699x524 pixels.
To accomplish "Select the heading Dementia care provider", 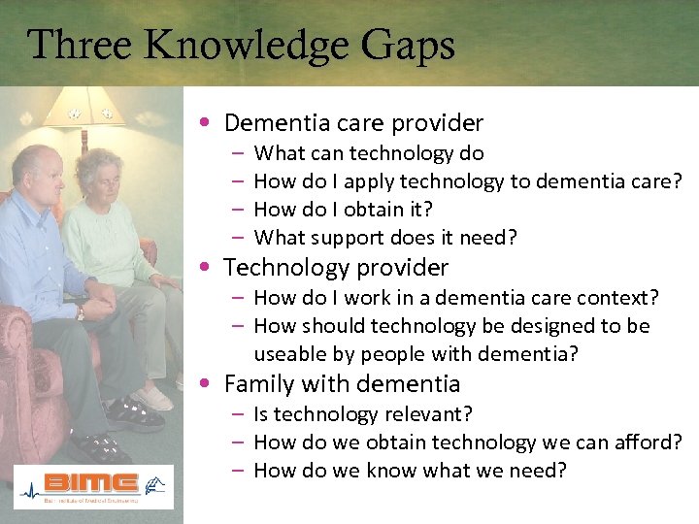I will pyautogui.click(x=353, y=123).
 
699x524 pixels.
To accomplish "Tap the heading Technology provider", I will pyautogui.click(x=336, y=267).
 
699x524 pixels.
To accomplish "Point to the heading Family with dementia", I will pyautogui.click(x=342, y=383).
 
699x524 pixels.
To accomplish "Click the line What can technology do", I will pyautogui.click(x=368, y=153).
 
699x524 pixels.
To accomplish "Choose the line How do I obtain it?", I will pyautogui.click(x=343, y=210).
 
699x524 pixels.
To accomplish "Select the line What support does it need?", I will pyautogui.click(x=384, y=238).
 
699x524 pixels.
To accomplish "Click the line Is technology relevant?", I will pyautogui.click(x=363, y=414).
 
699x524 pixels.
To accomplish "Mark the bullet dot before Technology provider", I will pyautogui.click(x=210, y=268).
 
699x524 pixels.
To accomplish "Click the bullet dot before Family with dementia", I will pyautogui.click(x=210, y=384).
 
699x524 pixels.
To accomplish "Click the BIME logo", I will pyautogui.click(x=93, y=486).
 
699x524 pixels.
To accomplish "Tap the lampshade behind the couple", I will pyautogui.click(x=83, y=108).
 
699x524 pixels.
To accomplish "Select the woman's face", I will pyautogui.click(x=101, y=177).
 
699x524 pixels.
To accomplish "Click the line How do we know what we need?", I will pyautogui.click(x=409, y=471).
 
